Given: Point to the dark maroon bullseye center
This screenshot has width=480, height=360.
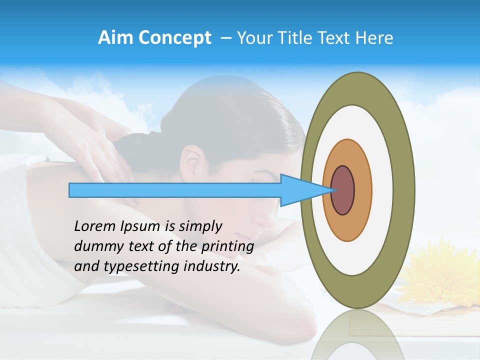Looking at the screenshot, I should [343, 190].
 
